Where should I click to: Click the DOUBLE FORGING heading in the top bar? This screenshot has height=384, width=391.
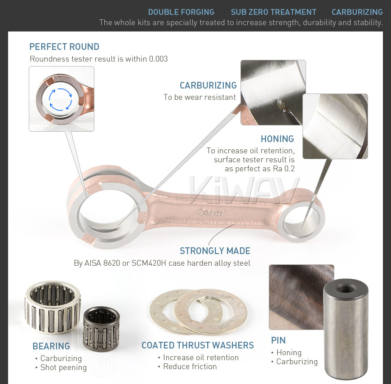pyautogui.click(x=181, y=12)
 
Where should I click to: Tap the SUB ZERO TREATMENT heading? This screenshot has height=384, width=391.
pyautogui.click(x=274, y=12)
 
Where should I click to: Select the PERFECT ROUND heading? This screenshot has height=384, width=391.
pyautogui.click(x=64, y=47)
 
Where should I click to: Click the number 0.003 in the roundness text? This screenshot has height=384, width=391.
pyautogui.click(x=158, y=59)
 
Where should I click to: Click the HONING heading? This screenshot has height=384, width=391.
pyautogui.click(x=277, y=139)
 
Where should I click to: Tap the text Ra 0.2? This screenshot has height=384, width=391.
pyautogui.click(x=284, y=169)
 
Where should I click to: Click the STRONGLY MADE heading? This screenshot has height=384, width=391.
pyautogui.click(x=215, y=251)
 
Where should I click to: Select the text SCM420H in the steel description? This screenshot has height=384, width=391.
pyautogui.click(x=149, y=263)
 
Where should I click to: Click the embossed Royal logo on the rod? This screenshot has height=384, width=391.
pyautogui.click(x=211, y=213)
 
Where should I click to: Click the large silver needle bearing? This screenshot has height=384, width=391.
pyautogui.click(x=53, y=307)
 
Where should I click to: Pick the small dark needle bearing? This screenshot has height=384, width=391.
pyautogui.click(x=101, y=329)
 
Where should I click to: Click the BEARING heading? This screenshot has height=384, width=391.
pyautogui.click(x=51, y=346)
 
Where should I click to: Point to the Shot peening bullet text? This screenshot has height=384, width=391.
pyautogui.click(x=63, y=367)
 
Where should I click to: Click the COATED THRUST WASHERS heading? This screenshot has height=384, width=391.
pyautogui.click(x=198, y=345)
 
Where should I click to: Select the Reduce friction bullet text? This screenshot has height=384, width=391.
pyautogui.click(x=190, y=366)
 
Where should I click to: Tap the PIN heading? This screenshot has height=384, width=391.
pyautogui.click(x=278, y=340)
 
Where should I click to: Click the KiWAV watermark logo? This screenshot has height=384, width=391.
pyautogui.click(x=244, y=190)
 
